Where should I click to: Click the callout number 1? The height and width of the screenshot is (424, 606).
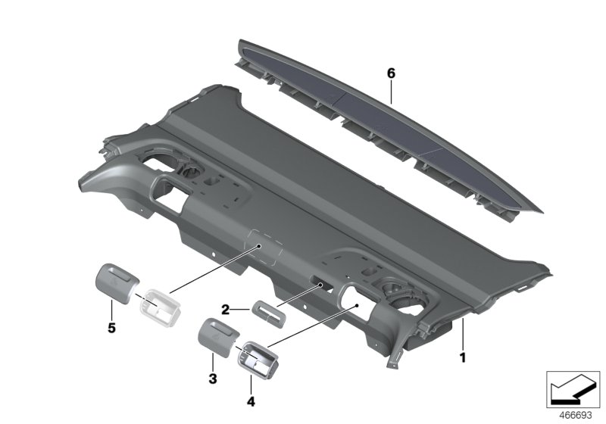pos(462,354)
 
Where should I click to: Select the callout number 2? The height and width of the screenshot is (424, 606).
pos(225,309)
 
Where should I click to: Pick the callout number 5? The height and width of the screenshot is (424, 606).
pos(112,329)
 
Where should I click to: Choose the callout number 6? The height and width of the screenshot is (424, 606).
pos(391,73)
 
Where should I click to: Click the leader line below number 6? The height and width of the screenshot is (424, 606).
pos(391,92)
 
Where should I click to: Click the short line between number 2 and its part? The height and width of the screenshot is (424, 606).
pos(242,309)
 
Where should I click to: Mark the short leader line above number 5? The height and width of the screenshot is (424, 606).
pos(112,312)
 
